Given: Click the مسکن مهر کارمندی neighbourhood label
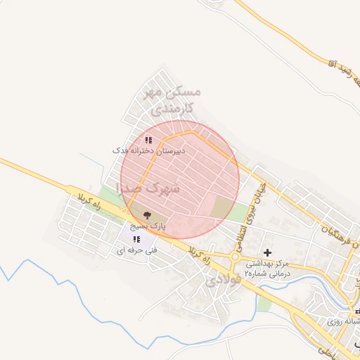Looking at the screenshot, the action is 172,101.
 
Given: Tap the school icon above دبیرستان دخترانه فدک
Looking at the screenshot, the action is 148,140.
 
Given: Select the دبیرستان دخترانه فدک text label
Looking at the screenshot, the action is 149,150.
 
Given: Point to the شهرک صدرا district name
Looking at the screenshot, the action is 150,188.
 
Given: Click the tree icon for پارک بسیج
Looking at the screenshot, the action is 147,216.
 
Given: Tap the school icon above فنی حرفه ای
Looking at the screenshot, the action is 136,240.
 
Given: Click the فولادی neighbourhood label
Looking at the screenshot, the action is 224,279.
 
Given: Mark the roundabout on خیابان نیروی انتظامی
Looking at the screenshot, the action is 234,257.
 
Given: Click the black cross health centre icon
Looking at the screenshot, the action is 267,252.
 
